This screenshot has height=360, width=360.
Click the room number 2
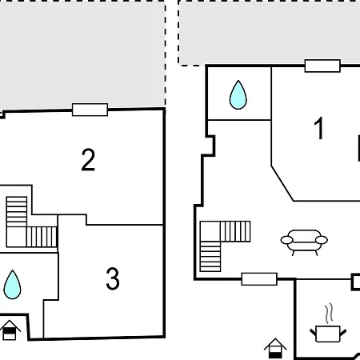point(88,160)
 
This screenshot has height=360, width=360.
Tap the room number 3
point(113,278)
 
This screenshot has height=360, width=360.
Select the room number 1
point(319,128)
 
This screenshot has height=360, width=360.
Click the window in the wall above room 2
point(90,110)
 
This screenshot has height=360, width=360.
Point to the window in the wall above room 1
point(322,66)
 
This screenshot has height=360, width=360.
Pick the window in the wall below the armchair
point(259,279)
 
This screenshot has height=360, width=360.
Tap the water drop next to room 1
point(238,95)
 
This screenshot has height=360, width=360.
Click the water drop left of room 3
point(12,285)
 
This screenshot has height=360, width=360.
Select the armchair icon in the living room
point(304,242)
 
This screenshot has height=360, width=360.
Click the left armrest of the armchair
point(286,240)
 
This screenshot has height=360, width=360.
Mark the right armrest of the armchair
point(322,240)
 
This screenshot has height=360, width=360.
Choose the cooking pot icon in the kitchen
point(328,334)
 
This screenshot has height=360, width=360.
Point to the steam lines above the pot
point(330,313)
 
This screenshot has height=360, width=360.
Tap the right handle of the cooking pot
point(343,333)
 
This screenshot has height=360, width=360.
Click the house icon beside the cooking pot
point(275,348)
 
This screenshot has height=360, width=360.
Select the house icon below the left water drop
point(10,330)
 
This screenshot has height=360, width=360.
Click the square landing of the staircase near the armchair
point(210,231)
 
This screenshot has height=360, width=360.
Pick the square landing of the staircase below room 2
point(17,237)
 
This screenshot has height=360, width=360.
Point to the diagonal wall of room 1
point(282,183)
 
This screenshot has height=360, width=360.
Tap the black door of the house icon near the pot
point(275,354)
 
